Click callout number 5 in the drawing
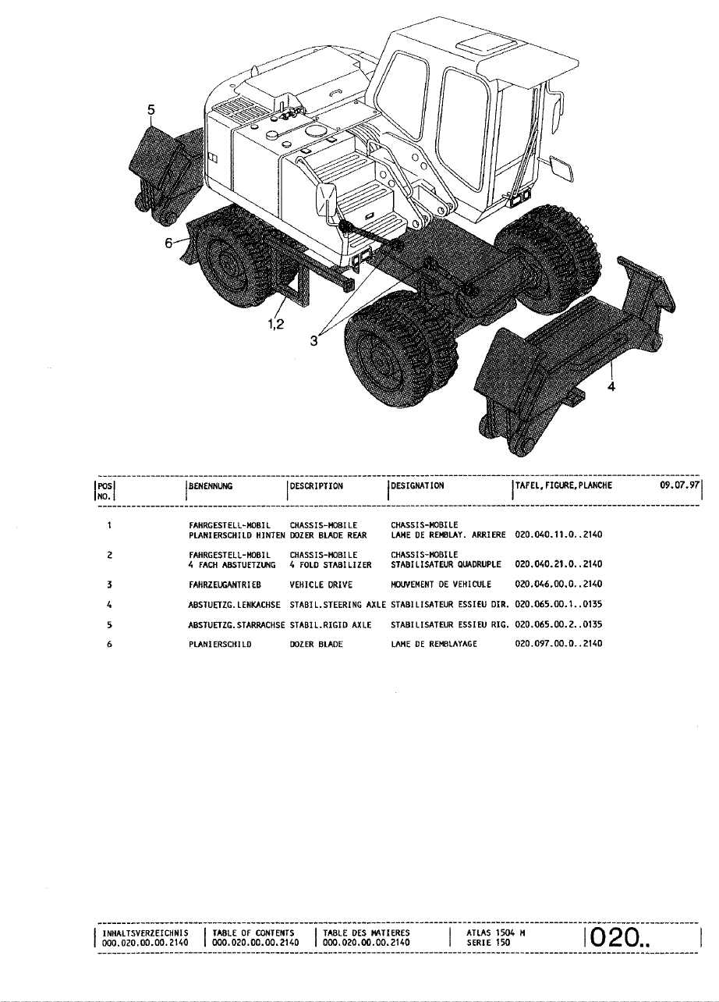[152, 111]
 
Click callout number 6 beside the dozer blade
[168, 243]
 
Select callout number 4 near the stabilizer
[611, 392]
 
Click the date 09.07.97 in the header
[680, 485]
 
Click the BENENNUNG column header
[211, 485]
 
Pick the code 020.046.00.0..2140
[559, 584]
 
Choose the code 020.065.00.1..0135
[559, 603]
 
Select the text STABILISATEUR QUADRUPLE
[437, 563]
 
